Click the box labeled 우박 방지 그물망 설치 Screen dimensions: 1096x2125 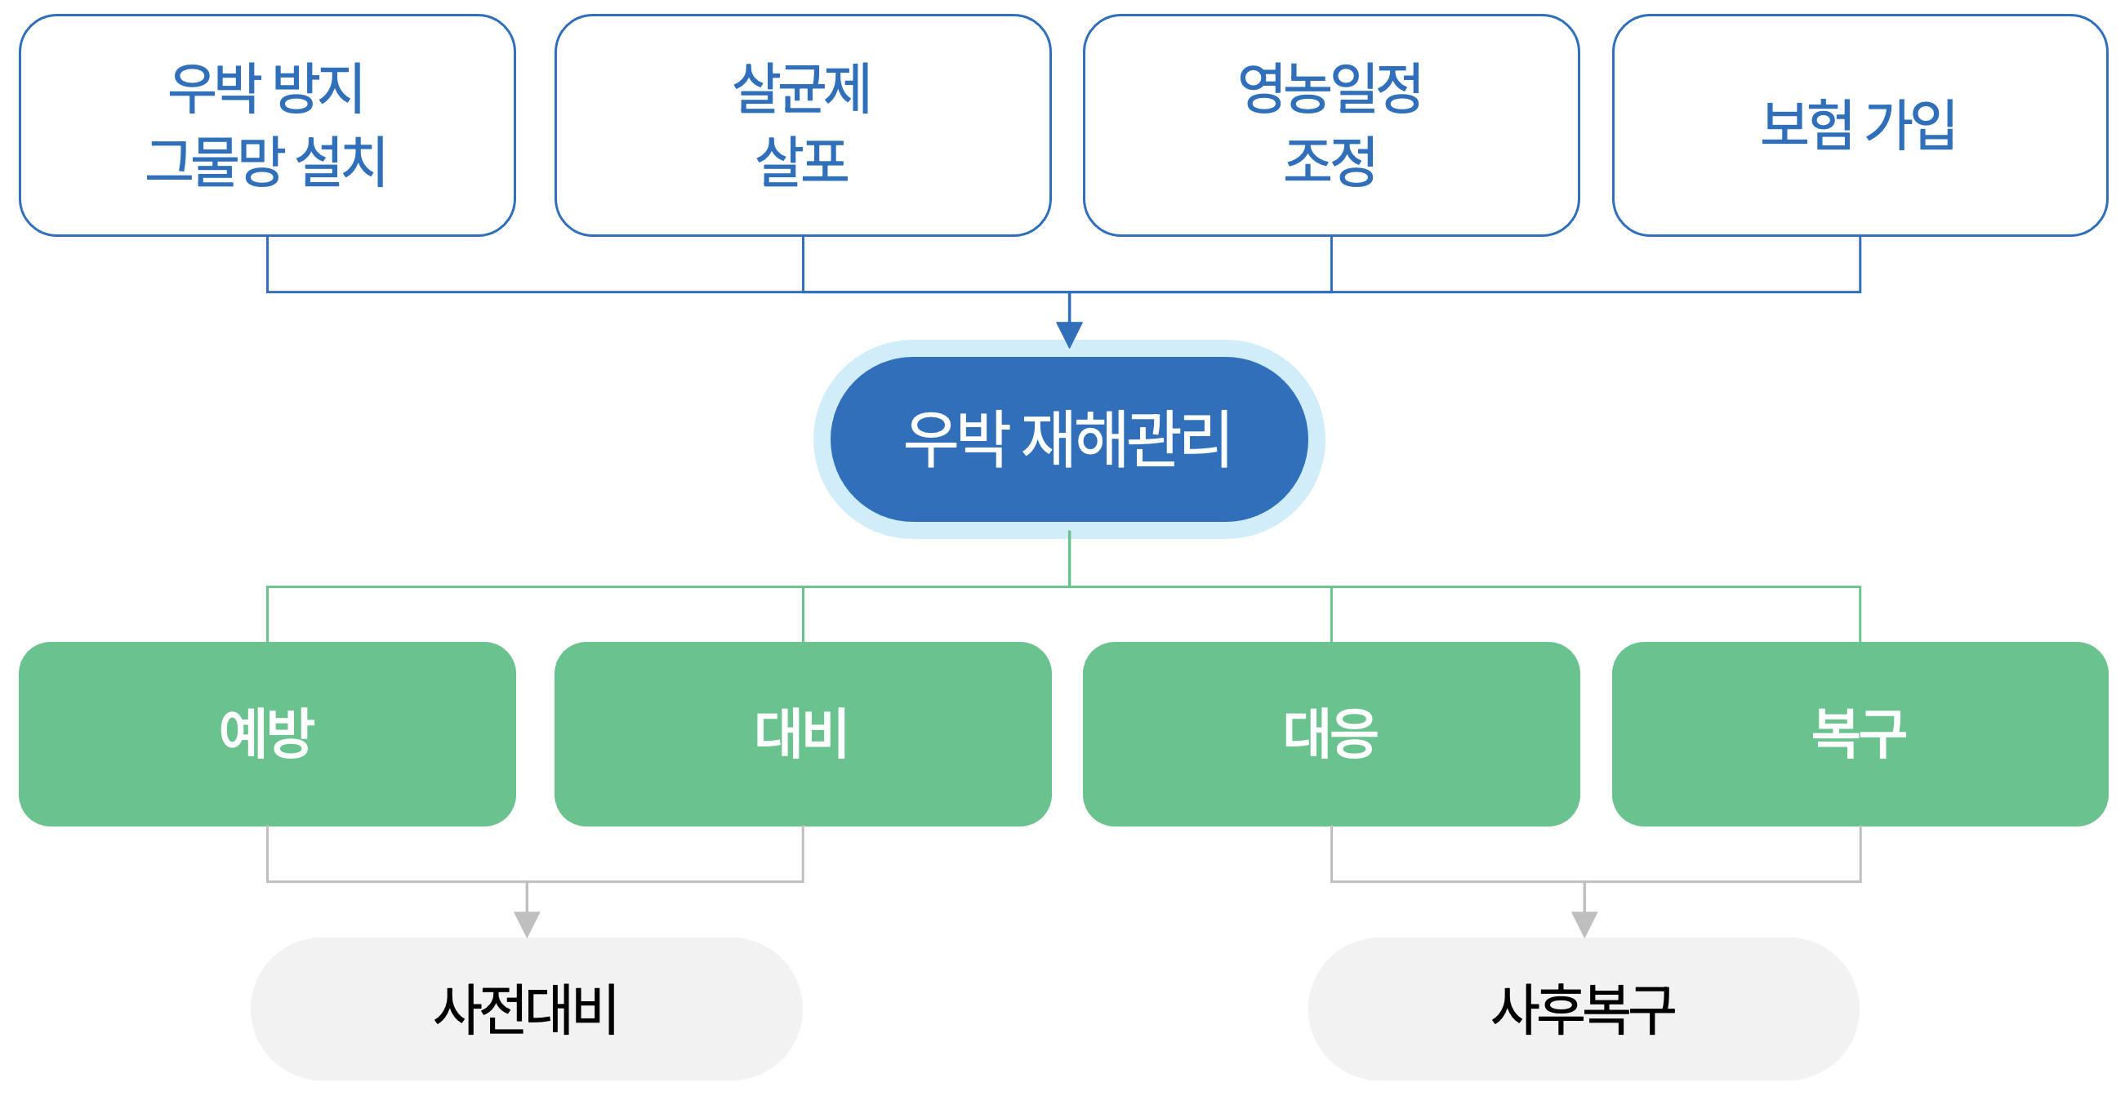(266, 124)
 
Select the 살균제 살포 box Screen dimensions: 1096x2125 (802, 124)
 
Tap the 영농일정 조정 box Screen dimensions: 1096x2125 (1330, 124)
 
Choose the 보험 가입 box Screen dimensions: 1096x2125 (1860, 124)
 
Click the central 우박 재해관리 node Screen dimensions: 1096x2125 (1068, 439)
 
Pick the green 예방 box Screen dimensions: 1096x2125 (266, 733)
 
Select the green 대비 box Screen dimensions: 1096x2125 (802, 733)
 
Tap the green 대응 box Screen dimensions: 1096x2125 (1330, 733)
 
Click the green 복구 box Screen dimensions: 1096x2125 (1860, 733)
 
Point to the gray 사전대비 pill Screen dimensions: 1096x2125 (526, 1008)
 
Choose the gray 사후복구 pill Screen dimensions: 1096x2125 (1583, 1008)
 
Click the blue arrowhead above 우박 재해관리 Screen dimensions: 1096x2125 (1069, 333)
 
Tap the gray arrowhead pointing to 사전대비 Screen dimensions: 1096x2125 (526, 923)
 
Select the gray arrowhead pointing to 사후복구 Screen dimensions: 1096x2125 (1584, 923)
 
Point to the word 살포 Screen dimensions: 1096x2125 (802, 162)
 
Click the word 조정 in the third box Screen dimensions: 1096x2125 (1330, 162)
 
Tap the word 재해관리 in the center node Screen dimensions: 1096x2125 (1126, 439)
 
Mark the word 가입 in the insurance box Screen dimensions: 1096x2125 (1909, 124)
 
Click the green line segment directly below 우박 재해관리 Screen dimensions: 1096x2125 (1069, 559)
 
